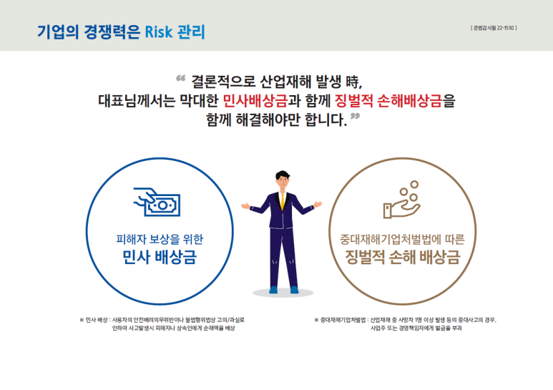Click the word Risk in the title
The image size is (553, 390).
point(159,32)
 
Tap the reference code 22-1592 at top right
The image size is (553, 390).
point(494,28)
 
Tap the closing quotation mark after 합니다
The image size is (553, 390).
point(355,116)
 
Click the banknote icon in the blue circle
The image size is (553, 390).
point(157,203)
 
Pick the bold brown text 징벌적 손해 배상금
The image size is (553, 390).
point(401,258)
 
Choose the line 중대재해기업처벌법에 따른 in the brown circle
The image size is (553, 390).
point(401,240)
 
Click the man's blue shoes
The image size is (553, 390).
point(283,289)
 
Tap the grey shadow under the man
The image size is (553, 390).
point(283,293)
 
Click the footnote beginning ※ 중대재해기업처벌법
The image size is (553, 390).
point(405,324)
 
